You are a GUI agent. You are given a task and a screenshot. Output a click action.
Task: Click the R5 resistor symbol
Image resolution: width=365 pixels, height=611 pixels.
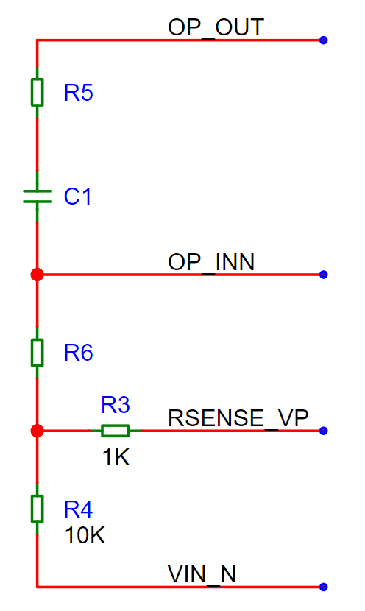[37, 92]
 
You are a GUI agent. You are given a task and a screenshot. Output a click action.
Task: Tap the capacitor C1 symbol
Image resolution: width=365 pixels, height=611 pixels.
[37, 197]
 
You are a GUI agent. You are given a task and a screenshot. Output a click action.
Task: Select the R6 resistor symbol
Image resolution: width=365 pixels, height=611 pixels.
[37, 353]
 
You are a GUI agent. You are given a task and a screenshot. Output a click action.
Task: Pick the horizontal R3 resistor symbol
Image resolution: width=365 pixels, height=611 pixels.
[116, 431]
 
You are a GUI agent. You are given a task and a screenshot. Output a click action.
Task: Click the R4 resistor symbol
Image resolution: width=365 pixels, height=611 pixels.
[37, 509]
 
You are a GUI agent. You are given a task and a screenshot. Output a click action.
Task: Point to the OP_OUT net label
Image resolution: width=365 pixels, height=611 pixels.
[216, 28]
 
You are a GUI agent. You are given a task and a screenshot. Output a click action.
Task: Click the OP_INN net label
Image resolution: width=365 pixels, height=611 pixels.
[211, 262]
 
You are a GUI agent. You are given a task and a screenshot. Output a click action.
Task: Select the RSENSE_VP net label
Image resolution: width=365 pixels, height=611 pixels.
[238, 418]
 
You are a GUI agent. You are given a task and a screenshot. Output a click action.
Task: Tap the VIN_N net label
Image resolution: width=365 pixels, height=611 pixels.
[202, 574]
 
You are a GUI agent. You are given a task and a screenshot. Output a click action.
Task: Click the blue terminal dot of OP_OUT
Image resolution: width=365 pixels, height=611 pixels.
[323, 40]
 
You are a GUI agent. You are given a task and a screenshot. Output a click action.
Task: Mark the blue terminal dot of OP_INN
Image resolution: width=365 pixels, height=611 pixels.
[323, 275]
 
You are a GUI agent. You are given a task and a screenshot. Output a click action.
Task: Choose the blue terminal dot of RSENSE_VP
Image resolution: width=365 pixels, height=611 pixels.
[323, 431]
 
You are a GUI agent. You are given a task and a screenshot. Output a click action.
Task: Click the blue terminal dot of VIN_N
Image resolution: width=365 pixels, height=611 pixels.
[323, 587]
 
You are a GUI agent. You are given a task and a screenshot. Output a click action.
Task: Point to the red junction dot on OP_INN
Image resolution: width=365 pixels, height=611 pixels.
[37, 275]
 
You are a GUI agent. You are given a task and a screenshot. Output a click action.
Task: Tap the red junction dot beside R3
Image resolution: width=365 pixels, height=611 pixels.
[37, 431]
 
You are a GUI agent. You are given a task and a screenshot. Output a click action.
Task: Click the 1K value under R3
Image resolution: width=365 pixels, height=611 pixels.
[116, 457]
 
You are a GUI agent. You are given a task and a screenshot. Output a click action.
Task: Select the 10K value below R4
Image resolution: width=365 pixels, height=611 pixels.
[85, 535]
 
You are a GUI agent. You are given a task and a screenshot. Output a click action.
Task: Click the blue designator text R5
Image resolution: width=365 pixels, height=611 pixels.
[78, 93]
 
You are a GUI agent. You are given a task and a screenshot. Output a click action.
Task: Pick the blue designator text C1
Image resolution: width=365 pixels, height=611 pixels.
[77, 196]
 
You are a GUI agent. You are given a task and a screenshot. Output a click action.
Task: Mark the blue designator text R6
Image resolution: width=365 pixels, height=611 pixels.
[78, 353]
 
